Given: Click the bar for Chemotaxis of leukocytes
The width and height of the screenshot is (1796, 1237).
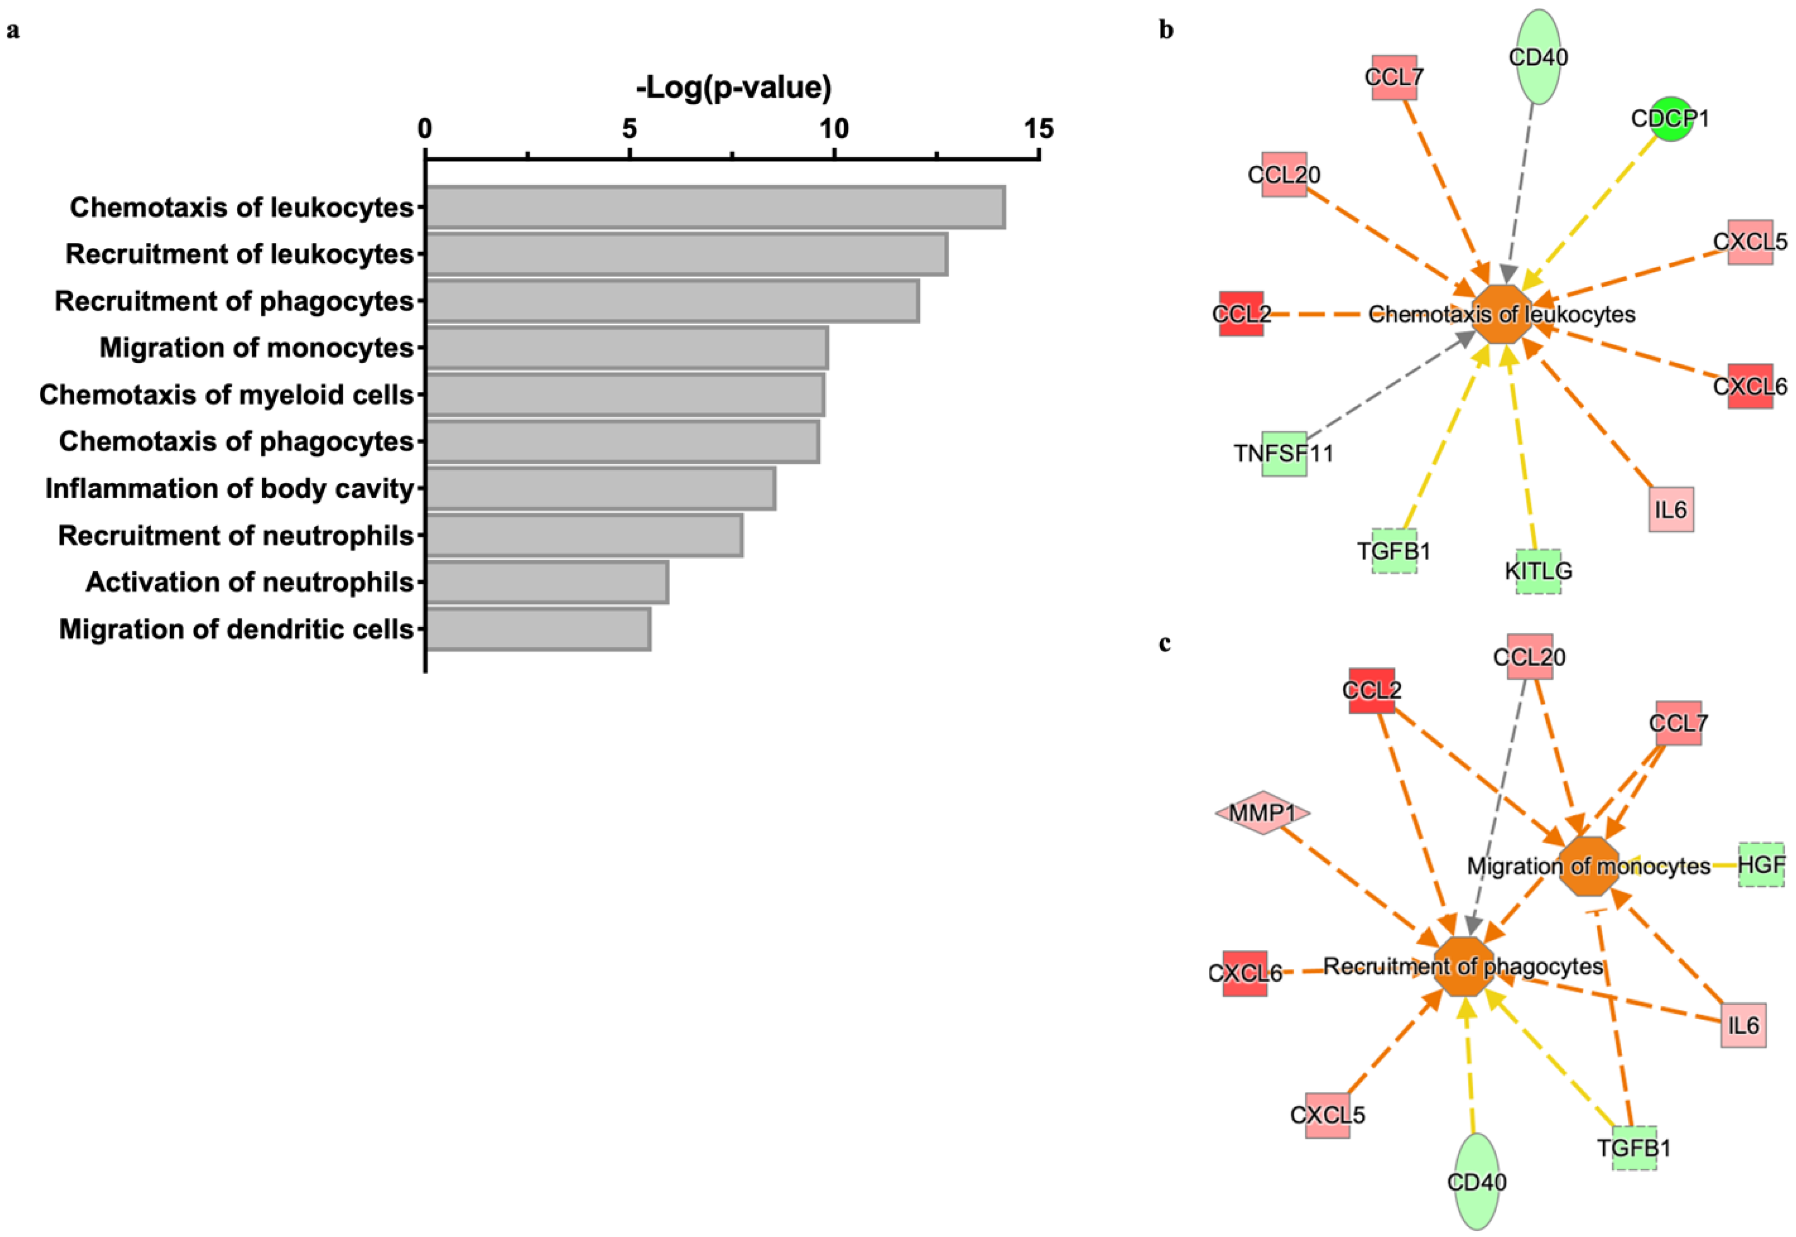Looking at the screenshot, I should (715, 207).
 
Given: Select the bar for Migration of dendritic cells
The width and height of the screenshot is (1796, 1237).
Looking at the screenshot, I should (538, 629).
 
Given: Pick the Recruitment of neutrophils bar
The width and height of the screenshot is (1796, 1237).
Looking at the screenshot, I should (584, 535).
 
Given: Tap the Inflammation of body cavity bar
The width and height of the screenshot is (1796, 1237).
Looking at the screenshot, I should (600, 488).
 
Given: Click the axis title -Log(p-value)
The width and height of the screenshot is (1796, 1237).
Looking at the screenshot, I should (734, 87).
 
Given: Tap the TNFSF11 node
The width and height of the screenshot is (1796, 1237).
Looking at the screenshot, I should (1284, 454).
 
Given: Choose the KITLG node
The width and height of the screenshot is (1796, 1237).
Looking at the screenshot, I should (1538, 571).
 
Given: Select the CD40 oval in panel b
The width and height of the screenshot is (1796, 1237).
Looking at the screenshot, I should (1538, 57).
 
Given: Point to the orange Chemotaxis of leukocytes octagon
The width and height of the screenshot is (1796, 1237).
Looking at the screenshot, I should (1501, 314).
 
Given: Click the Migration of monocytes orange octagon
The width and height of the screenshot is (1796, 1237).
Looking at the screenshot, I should (1588, 866).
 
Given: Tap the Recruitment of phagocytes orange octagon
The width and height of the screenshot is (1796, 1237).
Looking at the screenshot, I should (1463, 966).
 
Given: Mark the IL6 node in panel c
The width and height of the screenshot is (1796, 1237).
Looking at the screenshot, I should (1743, 1025).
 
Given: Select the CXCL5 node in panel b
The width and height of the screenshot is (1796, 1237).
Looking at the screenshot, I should (1750, 242).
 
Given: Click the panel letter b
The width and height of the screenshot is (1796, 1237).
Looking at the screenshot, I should (1166, 30).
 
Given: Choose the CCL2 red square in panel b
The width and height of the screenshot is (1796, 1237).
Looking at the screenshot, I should (1241, 314).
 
